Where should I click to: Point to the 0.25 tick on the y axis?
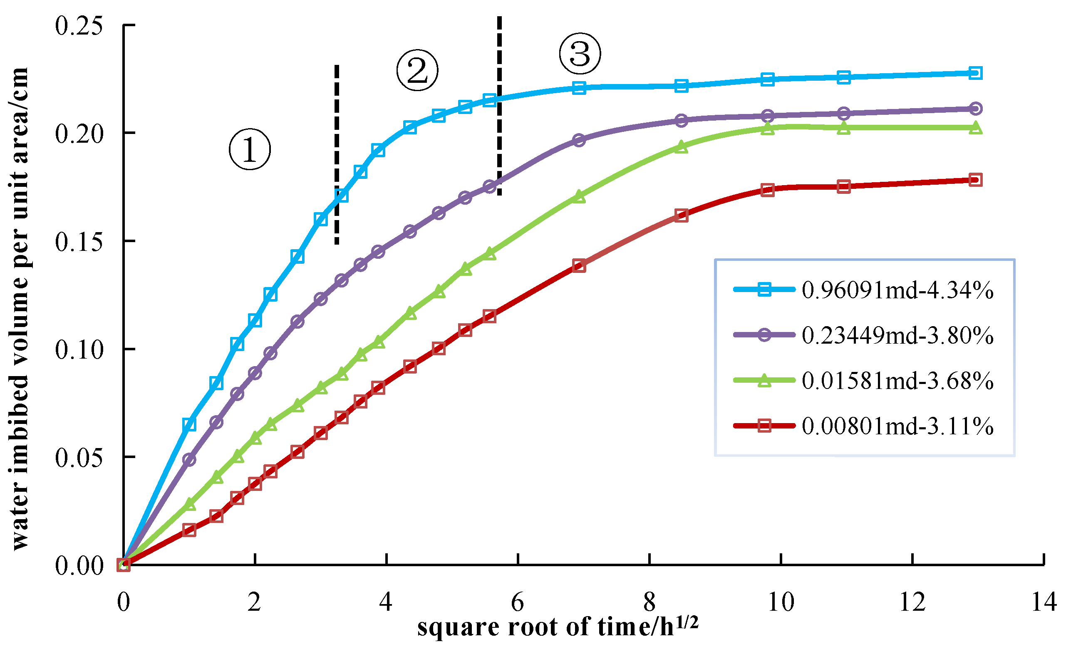click(79, 25)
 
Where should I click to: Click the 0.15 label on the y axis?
click(79, 241)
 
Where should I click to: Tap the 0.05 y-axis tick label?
click(79, 457)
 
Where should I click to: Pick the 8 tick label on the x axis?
click(650, 602)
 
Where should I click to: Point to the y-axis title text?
click(20, 309)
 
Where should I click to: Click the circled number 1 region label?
click(250, 149)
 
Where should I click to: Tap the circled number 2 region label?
click(417, 70)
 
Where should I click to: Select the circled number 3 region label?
click(580, 53)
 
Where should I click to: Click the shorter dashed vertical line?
click(337, 154)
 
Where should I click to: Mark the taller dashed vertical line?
click(499, 106)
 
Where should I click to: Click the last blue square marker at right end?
click(975, 73)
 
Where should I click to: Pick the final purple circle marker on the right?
click(975, 109)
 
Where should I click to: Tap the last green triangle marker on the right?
click(975, 128)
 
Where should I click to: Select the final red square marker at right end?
click(975, 180)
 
